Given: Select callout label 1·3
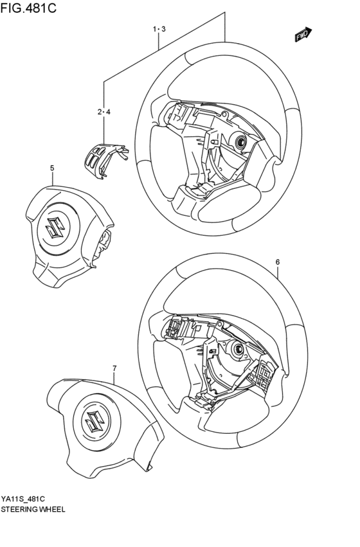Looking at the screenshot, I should click(159, 30).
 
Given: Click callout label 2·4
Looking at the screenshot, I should click(104, 112).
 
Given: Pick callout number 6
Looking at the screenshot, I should click(277, 262).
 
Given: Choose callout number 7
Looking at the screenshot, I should click(114, 368).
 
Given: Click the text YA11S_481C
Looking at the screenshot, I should click(27, 498).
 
